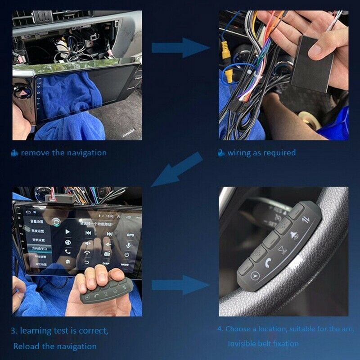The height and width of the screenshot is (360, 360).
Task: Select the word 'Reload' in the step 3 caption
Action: click(x=26, y=346)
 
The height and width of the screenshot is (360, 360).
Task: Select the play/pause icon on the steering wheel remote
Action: click(x=282, y=250)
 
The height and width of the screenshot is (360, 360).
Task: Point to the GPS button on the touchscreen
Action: click(x=130, y=234)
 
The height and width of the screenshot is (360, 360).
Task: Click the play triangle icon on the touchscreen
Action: click(x=67, y=231)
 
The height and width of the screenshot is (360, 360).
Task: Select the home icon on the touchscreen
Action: click(x=67, y=261)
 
